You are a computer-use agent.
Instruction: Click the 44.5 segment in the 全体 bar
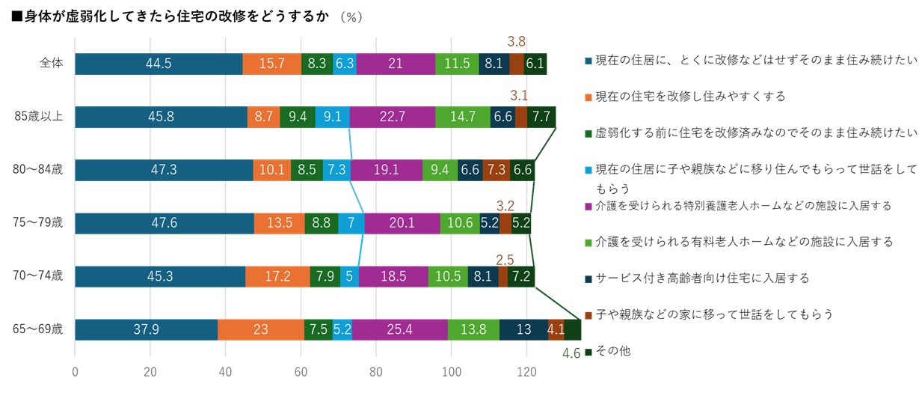(x=159, y=64)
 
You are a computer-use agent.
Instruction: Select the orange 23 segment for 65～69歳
(x=261, y=330)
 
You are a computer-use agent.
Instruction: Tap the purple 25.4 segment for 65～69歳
(x=400, y=330)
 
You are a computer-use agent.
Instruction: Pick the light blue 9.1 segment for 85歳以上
(x=332, y=118)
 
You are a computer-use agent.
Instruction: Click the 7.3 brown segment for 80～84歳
(x=496, y=171)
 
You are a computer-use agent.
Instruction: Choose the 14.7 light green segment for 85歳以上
(x=463, y=118)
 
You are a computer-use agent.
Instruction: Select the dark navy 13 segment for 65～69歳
(x=523, y=330)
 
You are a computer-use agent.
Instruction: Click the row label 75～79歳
(x=43, y=224)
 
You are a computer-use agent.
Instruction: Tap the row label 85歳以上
(x=43, y=118)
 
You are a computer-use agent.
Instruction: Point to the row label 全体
(x=51, y=64)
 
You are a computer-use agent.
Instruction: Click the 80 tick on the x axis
(x=376, y=371)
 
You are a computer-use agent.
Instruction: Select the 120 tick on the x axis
(x=526, y=371)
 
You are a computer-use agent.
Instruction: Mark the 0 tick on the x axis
(x=76, y=371)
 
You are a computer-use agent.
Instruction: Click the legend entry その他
(x=612, y=350)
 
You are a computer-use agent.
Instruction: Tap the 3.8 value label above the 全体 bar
(x=517, y=42)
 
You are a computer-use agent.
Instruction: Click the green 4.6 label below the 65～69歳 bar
(x=571, y=353)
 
